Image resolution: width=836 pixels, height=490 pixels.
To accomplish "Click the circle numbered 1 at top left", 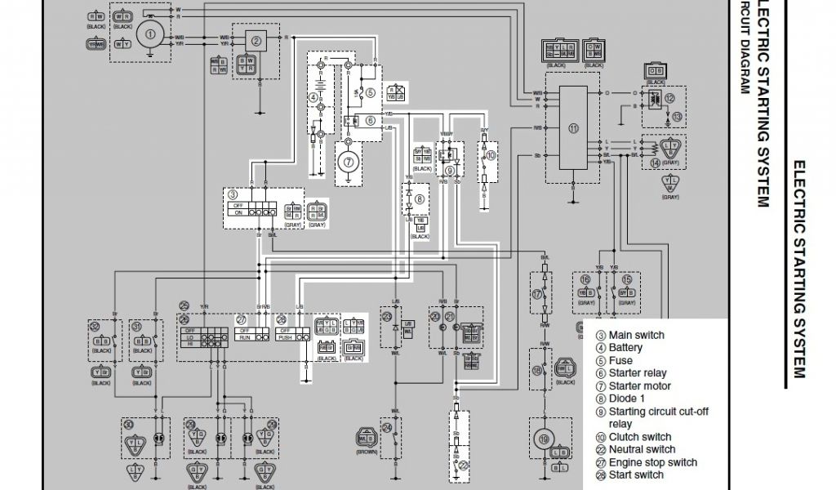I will click(x=150, y=34).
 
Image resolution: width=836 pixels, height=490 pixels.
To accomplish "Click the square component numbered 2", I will click(x=256, y=41).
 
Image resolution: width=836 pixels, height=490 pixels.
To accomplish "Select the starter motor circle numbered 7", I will click(x=349, y=162).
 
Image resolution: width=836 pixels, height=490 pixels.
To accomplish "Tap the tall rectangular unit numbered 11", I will click(x=573, y=129).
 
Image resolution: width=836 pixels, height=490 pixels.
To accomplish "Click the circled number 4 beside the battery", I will click(x=312, y=97).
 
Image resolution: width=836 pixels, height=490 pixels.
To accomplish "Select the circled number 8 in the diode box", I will click(x=420, y=198).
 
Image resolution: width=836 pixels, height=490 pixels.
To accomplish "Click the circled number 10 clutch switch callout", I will click(x=491, y=154).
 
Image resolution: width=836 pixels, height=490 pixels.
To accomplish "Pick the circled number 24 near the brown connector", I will click(x=387, y=426).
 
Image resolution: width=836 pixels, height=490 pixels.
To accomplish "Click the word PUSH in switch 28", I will click(x=286, y=336).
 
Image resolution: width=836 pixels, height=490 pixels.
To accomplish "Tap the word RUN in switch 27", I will click(x=244, y=336).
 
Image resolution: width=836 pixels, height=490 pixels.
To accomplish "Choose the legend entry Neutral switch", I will click(x=642, y=449).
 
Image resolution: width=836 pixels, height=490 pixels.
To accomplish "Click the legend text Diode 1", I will click(x=626, y=399).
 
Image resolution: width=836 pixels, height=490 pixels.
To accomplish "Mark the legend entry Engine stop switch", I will click(x=652, y=462).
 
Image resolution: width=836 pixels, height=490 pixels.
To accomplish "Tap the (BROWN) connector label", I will click(x=368, y=451).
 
